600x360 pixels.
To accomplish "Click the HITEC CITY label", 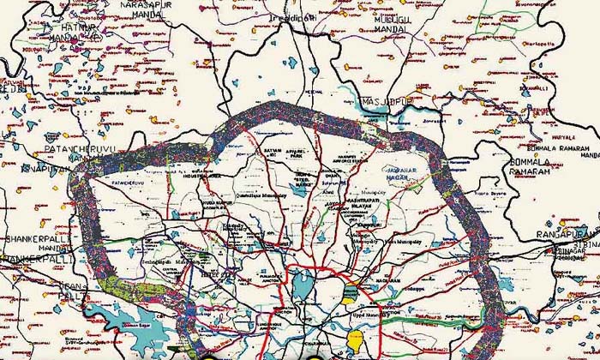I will click(211, 275).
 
